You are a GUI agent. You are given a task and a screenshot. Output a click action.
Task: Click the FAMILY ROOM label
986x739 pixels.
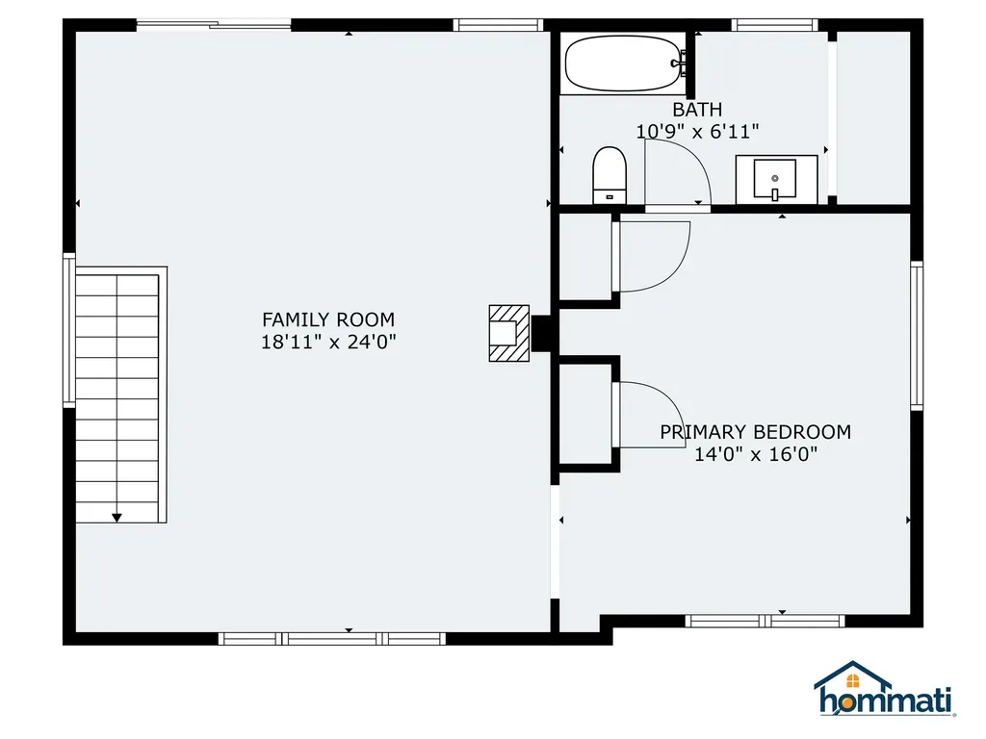click(x=328, y=319)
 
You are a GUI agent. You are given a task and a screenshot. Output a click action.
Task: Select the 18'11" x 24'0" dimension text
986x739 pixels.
click(x=328, y=343)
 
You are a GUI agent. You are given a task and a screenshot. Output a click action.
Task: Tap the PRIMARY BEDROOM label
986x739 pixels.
click(x=755, y=432)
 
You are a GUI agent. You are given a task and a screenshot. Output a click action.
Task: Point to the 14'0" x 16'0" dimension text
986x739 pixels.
click(x=755, y=454)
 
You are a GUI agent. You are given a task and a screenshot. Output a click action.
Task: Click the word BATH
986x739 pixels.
click(x=697, y=110)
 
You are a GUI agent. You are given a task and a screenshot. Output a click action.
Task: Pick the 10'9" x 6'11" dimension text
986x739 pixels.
click(x=697, y=132)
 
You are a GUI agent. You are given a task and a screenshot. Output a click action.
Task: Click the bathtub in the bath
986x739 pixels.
click(x=623, y=64)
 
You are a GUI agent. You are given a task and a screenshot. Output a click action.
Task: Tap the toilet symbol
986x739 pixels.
click(x=610, y=175)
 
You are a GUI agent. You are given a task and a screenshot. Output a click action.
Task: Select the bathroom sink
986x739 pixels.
click(x=776, y=180)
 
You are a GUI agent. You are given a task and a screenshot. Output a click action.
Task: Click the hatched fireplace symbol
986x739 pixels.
click(x=509, y=333)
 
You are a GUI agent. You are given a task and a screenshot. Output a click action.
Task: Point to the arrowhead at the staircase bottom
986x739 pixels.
click(x=117, y=518)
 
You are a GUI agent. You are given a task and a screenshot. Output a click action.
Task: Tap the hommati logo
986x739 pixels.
click(x=884, y=689)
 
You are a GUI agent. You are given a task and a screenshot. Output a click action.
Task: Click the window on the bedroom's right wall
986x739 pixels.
click(x=917, y=336)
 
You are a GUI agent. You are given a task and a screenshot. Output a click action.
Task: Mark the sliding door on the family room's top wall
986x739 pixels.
click(x=214, y=25)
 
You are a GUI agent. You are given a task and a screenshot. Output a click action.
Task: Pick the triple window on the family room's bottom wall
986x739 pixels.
click(x=332, y=639)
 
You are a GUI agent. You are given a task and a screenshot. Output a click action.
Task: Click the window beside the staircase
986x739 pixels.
click(x=69, y=330)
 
